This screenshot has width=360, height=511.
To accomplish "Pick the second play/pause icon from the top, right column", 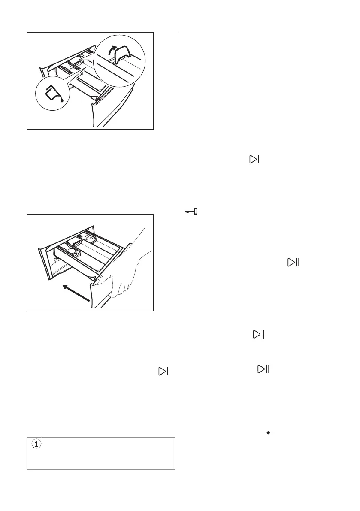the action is [293, 263].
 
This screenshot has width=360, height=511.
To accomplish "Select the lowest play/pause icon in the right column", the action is [263, 369].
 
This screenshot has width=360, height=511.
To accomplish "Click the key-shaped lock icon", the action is [191, 212].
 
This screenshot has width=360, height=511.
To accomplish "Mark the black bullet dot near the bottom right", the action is [268, 434].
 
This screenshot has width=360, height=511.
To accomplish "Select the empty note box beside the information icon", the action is [101, 454].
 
